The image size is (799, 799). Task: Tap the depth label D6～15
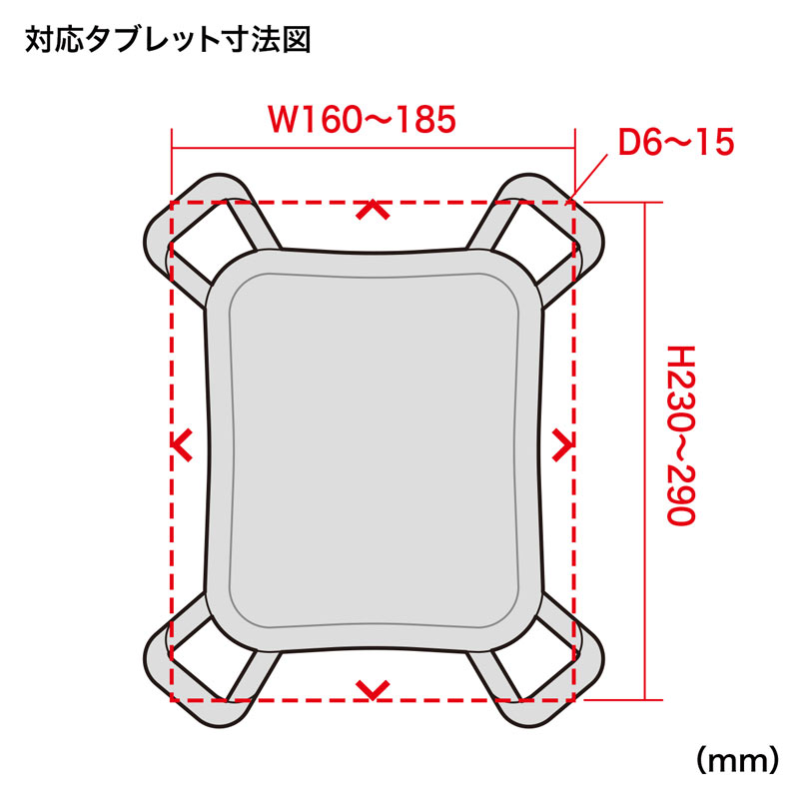(x=675, y=143)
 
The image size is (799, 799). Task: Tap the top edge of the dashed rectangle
(x=300, y=201)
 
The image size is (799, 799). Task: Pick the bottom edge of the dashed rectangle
(x=300, y=701)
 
